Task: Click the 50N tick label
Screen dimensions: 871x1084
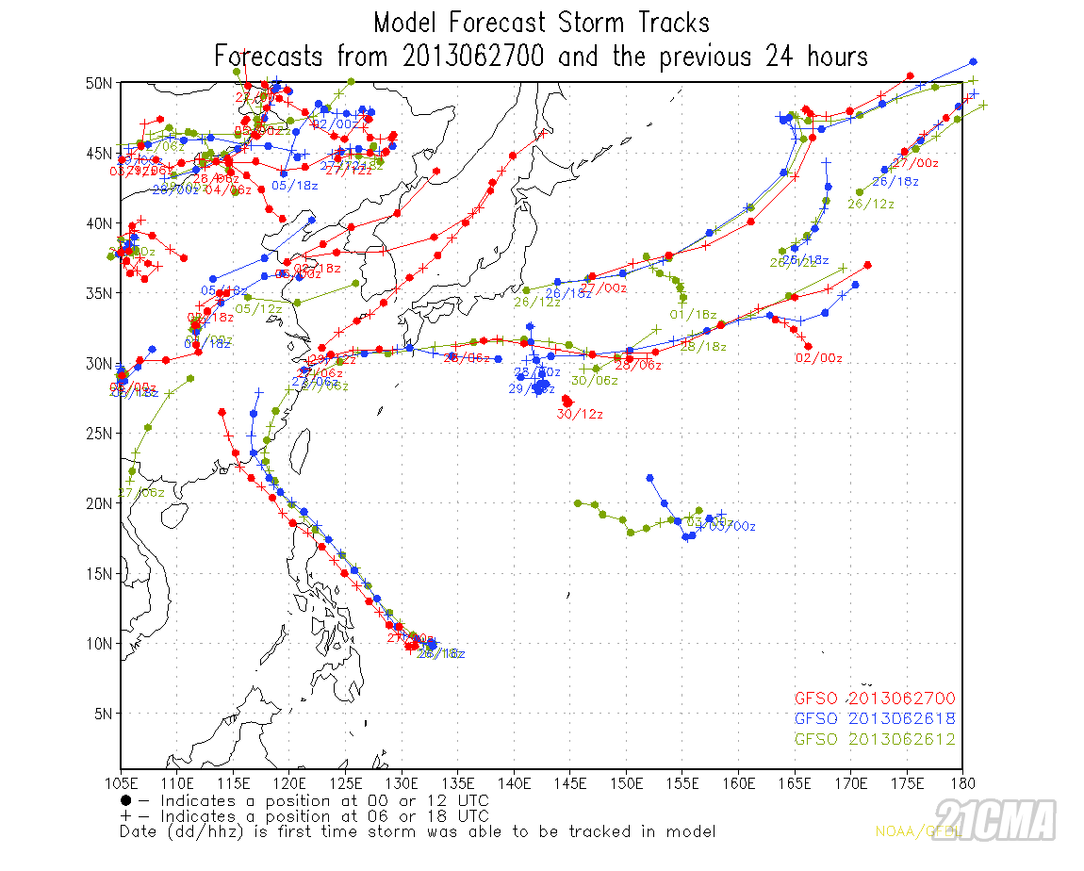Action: click(99, 83)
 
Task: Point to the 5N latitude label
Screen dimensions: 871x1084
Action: click(103, 714)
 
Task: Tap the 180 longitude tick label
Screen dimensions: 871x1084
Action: click(961, 782)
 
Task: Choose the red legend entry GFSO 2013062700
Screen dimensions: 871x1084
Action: click(875, 698)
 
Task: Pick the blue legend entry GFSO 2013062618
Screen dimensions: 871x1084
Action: click(875, 718)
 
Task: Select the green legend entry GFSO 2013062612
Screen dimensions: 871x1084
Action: click(875, 739)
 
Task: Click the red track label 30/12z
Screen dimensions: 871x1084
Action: click(580, 414)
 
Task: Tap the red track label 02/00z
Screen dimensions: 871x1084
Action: click(819, 358)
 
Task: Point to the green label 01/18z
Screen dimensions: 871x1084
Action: click(693, 314)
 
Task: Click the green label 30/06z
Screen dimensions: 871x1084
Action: click(595, 381)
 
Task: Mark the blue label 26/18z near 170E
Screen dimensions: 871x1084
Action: click(896, 181)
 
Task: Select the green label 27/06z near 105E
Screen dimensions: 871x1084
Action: click(141, 492)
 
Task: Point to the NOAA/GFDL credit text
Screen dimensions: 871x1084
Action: click(905, 831)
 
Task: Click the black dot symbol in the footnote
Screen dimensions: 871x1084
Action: click(125, 800)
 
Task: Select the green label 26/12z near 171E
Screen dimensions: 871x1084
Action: click(871, 204)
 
